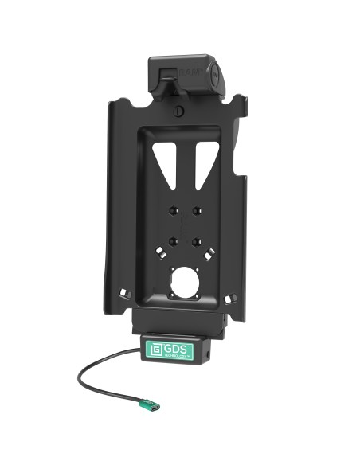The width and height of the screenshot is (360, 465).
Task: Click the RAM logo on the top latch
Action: pyautogui.click(x=191, y=72)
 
